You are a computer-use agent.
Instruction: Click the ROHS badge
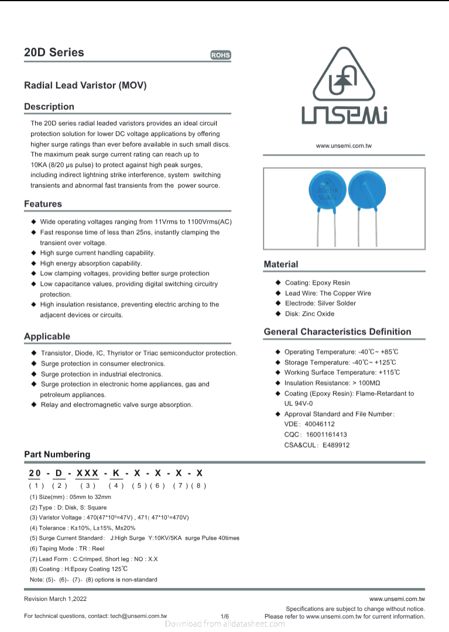point(221,55)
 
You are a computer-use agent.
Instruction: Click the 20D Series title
point(54,53)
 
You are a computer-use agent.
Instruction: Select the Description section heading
point(49,107)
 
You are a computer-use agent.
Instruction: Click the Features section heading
point(43,204)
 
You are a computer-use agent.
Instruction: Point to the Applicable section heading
point(47,336)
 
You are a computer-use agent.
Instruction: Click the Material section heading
point(281,264)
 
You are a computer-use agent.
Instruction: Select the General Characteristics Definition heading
point(337,332)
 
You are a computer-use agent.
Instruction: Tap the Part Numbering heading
point(57,454)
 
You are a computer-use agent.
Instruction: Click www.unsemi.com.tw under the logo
point(344,145)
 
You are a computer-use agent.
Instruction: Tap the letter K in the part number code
point(116,473)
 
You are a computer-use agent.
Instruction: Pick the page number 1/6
point(225,616)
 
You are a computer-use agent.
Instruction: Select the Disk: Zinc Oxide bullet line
point(309,314)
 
